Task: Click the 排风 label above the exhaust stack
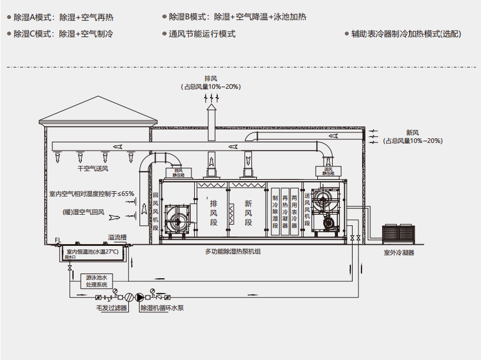pyautogui.click(x=211, y=78)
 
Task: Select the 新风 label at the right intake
pyautogui.click(x=412, y=132)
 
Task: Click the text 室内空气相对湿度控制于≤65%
pyautogui.click(x=91, y=193)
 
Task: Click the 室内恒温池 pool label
pyautogui.click(x=92, y=252)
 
